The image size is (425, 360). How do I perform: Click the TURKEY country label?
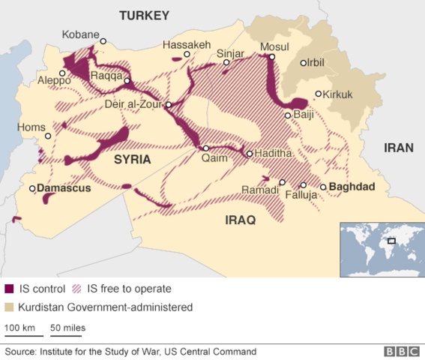[144, 15]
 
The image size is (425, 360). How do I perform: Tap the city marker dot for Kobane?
[103, 41]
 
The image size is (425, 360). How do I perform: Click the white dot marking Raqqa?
[128, 81]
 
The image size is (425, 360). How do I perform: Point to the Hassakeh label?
[187, 44]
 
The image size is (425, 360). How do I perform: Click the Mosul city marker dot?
[273, 57]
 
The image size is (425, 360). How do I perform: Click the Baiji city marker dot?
[288, 115]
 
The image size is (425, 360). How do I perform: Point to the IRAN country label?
[398, 148]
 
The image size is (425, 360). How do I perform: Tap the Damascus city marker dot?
[32, 188]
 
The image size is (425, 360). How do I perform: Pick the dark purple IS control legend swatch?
[9, 289]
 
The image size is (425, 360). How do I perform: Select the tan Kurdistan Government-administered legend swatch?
[9, 307]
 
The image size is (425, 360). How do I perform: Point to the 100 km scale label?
[20, 328]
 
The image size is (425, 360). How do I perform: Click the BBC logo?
[401, 351]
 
